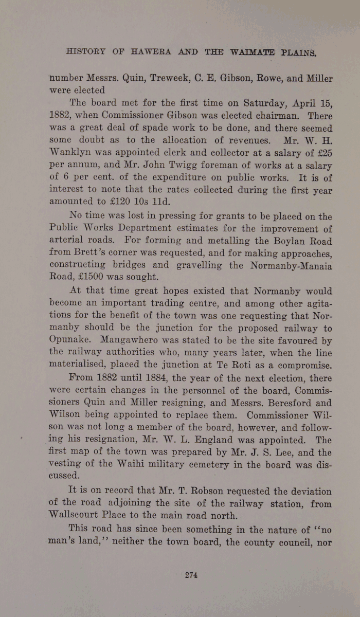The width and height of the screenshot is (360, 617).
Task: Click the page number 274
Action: point(191,575)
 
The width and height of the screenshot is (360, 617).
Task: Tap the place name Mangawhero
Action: point(143,340)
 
